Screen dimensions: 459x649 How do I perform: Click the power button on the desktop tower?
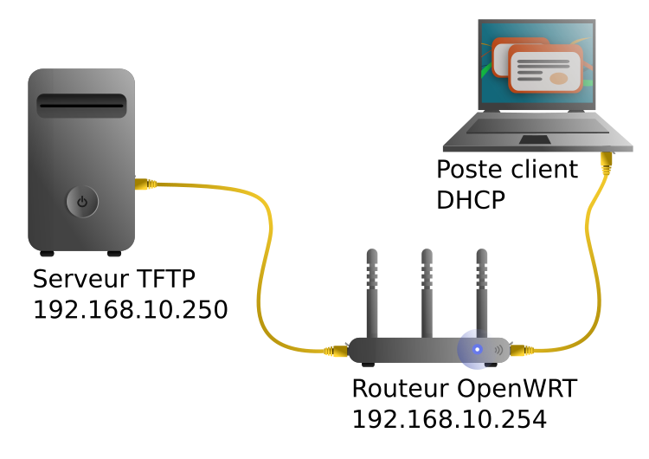[x=82, y=202]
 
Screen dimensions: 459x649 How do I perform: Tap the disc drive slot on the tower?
[x=81, y=106]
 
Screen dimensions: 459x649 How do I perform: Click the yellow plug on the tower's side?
[x=145, y=184]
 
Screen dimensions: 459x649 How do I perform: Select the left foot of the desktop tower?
[x=47, y=254]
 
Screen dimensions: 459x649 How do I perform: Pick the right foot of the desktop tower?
[x=114, y=254]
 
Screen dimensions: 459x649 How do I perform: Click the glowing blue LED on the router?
[x=477, y=350]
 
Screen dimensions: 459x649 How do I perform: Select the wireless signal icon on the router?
[x=498, y=350]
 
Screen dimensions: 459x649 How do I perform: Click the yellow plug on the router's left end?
[x=337, y=352]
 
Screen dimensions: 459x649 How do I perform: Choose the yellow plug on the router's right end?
[x=520, y=351]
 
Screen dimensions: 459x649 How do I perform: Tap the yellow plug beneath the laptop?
[x=607, y=161]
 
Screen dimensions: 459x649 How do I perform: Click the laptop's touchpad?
[x=535, y=139]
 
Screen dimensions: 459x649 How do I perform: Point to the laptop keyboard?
[x=537, y=126]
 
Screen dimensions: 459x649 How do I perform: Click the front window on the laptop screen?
[x=545, y=69]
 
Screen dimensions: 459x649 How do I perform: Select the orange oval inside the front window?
[x=559, y=79]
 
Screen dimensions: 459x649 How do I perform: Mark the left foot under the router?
[x=368, y=365]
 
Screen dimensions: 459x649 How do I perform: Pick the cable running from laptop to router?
[x=595, y=260]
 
